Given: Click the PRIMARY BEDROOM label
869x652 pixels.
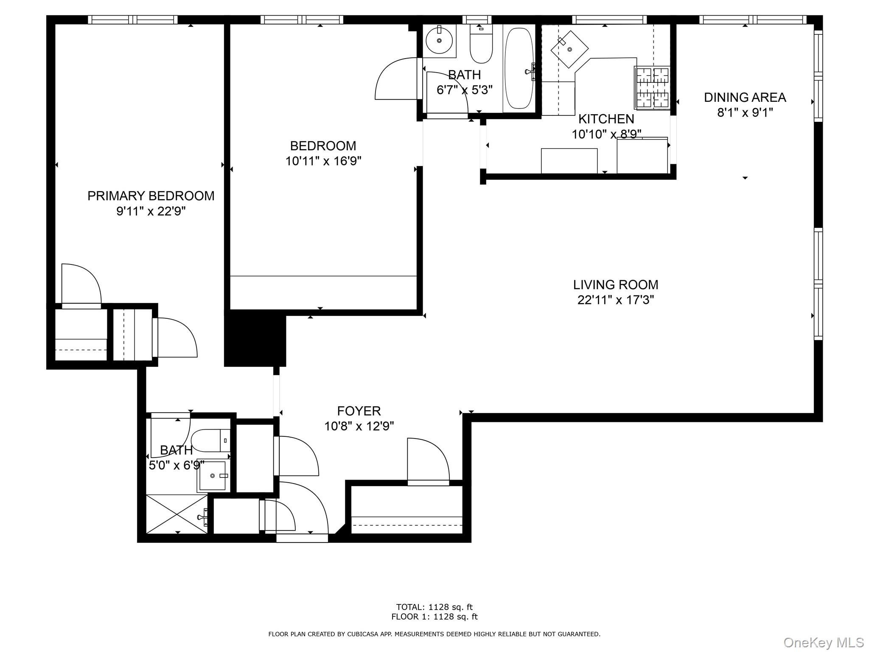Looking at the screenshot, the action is (151, 196).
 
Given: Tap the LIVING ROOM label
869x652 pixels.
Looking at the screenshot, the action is (616, 284).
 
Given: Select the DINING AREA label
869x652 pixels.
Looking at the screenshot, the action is (745, 97).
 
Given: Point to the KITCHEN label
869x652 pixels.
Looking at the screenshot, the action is (606, 119).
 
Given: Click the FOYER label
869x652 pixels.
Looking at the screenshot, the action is (359, 411).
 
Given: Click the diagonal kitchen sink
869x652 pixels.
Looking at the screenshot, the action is (569, 49).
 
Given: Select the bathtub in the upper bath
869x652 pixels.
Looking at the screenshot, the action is (519, 68).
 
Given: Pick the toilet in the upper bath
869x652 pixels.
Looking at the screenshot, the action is (481, 43).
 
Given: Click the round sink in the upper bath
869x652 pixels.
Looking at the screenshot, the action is (439, 41).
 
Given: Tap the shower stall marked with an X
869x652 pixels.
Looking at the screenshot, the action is (177, 514).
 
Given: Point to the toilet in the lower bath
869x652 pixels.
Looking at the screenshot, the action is (210, 441).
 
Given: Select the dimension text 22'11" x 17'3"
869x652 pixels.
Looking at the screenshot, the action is (616, 300).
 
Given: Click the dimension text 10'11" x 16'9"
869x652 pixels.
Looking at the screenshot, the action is (323, 161).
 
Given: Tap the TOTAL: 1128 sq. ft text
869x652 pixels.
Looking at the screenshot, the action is (434, 607).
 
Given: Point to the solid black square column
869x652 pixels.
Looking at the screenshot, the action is (255, 338).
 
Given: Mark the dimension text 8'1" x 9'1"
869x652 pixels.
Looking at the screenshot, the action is (745, 113).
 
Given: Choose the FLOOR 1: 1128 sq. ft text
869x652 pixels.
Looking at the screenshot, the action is (434, 617).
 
